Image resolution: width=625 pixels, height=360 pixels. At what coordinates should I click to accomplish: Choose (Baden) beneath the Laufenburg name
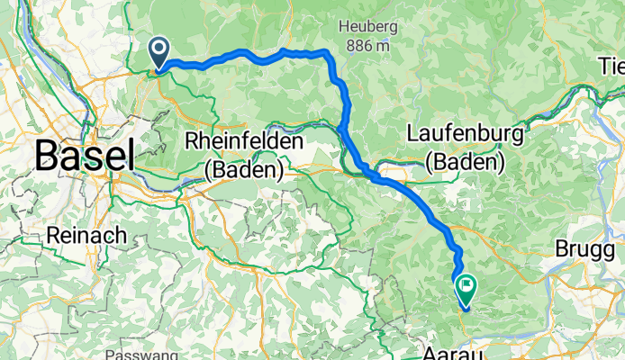coord(465,163)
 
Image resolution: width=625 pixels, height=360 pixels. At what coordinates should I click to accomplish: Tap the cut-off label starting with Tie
coord(611,65)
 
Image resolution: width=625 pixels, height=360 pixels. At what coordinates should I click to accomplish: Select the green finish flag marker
coord(466,289)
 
